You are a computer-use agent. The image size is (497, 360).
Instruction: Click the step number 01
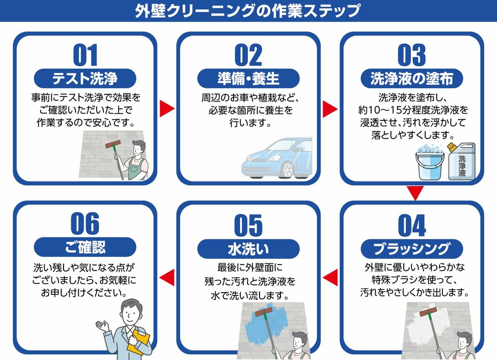click(85, 55)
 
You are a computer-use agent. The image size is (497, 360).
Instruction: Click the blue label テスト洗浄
click(85, 78)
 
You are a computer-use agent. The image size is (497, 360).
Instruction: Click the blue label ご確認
click(85, 247)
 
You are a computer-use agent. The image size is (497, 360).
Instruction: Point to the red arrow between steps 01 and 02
click(166, 108)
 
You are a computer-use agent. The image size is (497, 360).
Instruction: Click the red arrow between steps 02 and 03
click(329, 108)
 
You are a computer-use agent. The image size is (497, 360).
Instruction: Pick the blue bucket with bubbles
click(429, 162)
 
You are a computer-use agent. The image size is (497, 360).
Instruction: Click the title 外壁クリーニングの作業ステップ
click(248, 10)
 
